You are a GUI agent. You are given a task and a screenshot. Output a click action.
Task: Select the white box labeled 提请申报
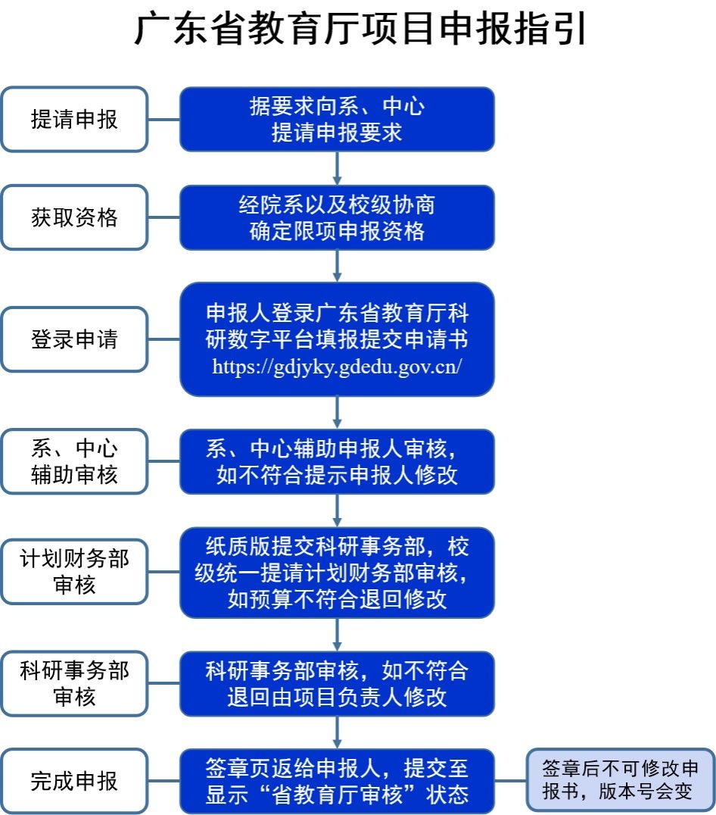pos(74,120)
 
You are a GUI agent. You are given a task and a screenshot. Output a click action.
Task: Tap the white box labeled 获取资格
pos(74,217)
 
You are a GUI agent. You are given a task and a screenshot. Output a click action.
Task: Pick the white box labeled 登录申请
pos(74,339)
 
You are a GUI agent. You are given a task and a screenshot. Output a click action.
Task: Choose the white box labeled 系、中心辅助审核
pos(74,461)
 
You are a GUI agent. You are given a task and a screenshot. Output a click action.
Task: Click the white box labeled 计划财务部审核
pos(74,572)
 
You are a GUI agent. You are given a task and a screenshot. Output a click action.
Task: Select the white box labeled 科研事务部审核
pos(74,683)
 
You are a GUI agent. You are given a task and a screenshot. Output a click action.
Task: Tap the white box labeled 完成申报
pos(74,781)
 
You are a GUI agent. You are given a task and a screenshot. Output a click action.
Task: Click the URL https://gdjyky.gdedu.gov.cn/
pos(337,367)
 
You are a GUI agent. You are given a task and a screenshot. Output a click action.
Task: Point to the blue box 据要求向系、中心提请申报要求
pos(337,120)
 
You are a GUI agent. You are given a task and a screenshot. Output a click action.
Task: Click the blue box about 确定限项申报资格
pos(337,217)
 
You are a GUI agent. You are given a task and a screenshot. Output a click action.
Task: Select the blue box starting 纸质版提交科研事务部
pos(337,572)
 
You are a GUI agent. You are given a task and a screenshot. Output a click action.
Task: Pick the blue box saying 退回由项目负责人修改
pos(337,683)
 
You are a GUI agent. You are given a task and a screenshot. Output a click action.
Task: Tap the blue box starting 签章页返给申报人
pos(337,781)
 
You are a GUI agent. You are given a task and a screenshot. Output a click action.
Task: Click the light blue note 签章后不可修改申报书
pos(621,780)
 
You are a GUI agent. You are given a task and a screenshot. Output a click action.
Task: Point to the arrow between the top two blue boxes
pos(337,167)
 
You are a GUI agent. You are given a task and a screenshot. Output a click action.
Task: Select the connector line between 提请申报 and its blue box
pos(163,120)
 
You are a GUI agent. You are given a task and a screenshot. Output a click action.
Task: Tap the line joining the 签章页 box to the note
pos(511,781)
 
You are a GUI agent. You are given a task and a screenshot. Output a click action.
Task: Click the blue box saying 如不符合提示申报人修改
pos(337,461)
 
